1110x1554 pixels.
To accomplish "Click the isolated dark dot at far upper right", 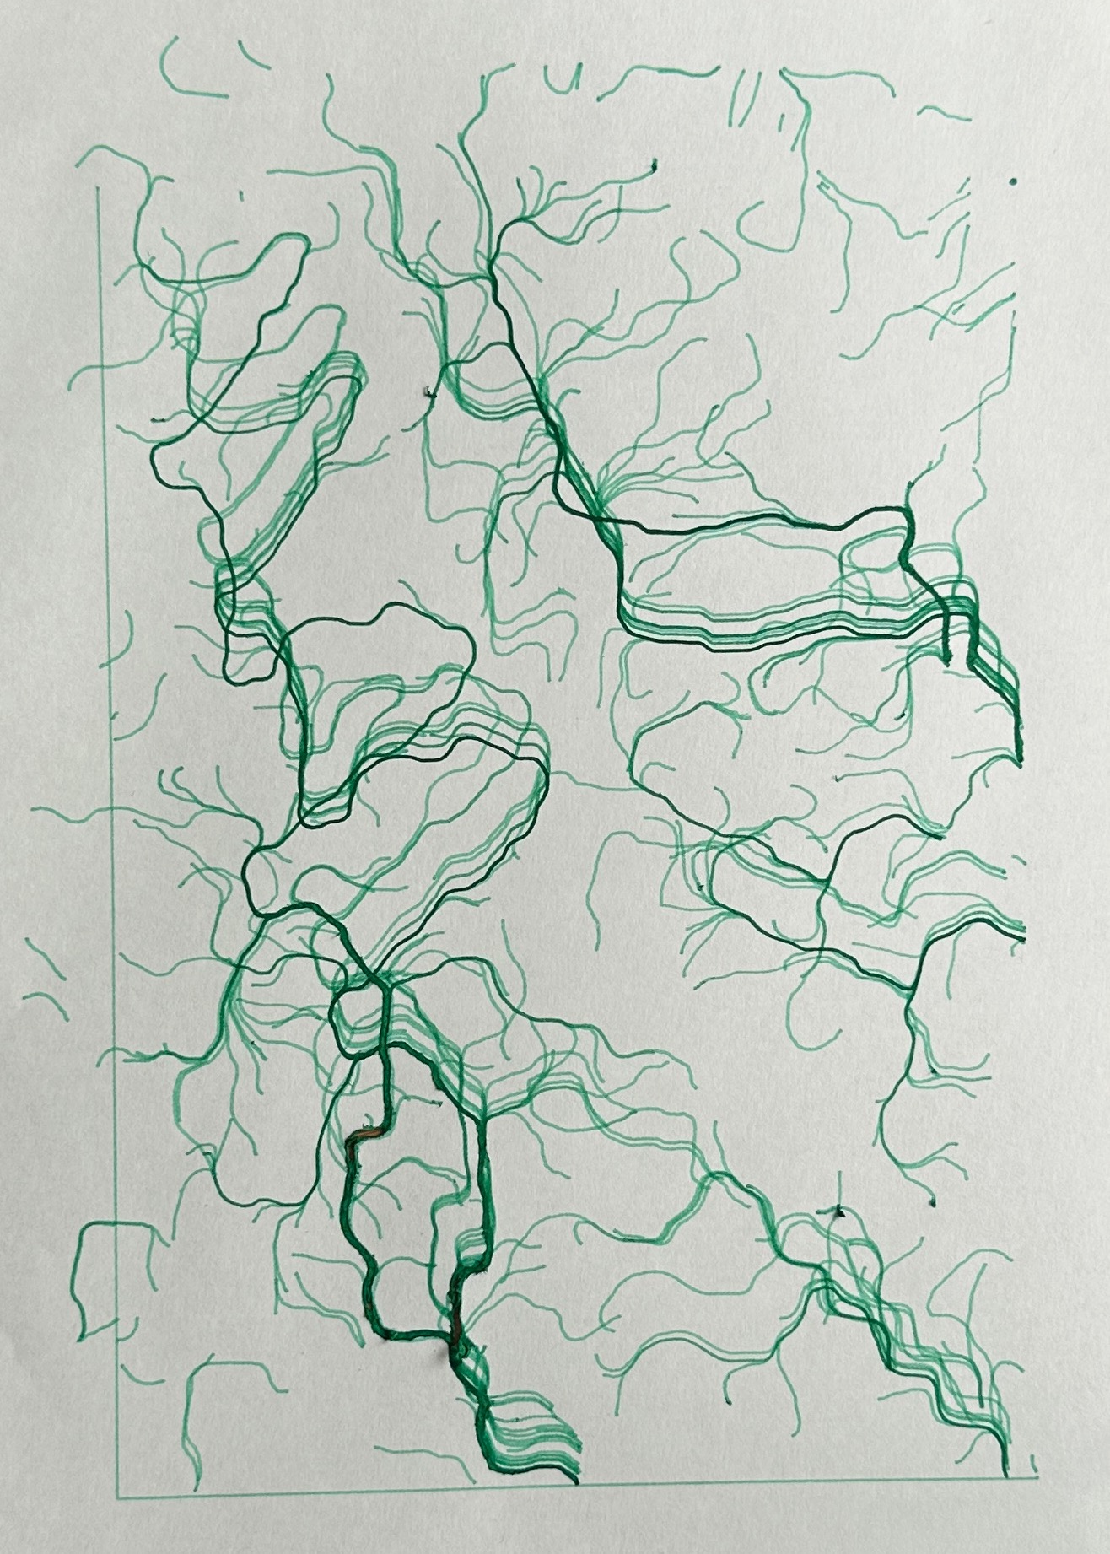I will point(1012,181).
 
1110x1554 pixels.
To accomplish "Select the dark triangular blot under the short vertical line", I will point(838,1213).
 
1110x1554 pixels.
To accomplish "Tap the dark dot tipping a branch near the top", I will point(655,164).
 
